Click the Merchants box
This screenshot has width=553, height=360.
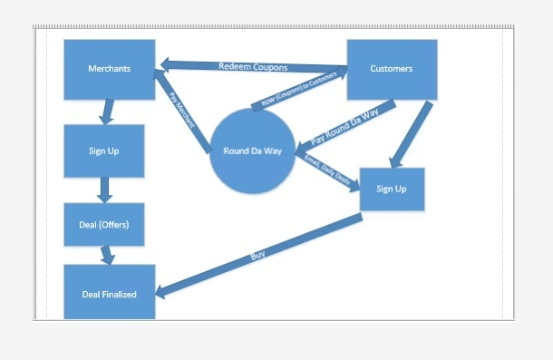coord(109,69)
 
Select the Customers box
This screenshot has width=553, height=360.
coord(392,69)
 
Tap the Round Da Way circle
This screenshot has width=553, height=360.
coord(253,151)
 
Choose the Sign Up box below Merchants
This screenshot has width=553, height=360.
coord(104,151)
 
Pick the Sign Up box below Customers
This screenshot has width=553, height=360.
coord(391,190)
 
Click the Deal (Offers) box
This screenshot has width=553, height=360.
coord(104,224)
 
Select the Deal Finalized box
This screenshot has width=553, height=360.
coord(109,293)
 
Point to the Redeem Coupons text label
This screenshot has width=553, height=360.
coord(253,67)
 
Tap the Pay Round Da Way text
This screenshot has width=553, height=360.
coord(345,128)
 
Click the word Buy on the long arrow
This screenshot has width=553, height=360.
coord(257,257)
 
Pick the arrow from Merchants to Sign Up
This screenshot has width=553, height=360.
coord(107,112)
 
